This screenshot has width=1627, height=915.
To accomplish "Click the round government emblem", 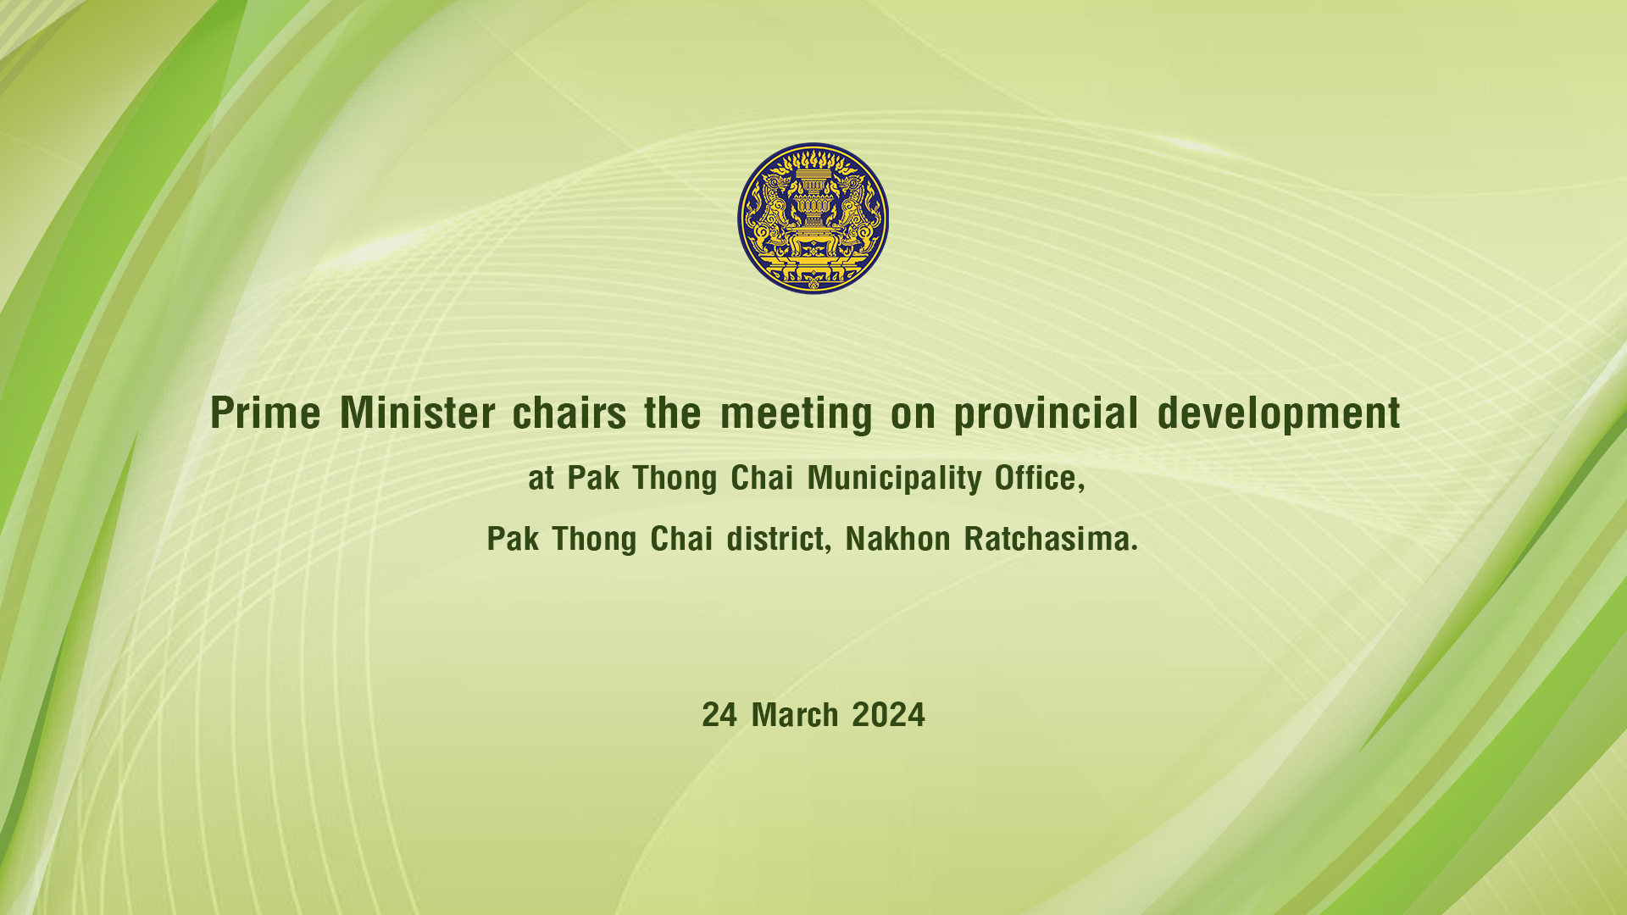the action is (813, 219).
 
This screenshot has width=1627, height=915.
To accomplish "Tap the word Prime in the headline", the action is (265, 413).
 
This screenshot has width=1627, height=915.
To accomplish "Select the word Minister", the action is (417, 413).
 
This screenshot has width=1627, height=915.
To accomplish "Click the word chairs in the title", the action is (569, 413).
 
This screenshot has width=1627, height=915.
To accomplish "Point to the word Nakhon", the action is (898, 539).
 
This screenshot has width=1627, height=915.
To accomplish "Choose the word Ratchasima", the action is (1051, 539).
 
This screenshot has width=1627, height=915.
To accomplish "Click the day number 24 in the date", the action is (719, 715).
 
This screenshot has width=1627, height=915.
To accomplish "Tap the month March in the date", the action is (795, 715).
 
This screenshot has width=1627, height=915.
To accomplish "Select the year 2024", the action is (888, 715).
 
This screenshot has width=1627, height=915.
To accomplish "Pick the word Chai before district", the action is (681, 539).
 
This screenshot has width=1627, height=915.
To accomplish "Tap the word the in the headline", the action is (673, 413).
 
